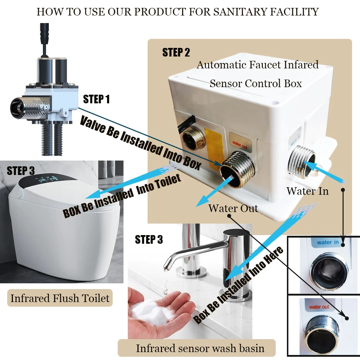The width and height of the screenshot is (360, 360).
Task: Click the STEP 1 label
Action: (x=96, y=99)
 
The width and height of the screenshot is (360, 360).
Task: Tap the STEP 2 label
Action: (x=176, y=52)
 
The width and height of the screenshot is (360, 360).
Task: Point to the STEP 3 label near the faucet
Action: (x=149, y=239)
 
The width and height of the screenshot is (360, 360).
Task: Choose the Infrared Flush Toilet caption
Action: (x=60, y=298)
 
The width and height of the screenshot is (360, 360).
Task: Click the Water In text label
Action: (x=307, y=191)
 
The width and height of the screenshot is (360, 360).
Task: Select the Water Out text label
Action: (x=233, y=208)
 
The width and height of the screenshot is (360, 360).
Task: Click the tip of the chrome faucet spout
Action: (x=165, y=267)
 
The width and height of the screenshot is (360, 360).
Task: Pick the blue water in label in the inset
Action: (x=327, y=242)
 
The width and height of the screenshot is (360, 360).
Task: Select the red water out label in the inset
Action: (x=319, y=307)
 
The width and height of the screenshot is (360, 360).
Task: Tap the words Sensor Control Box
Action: (x=256, y=84)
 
